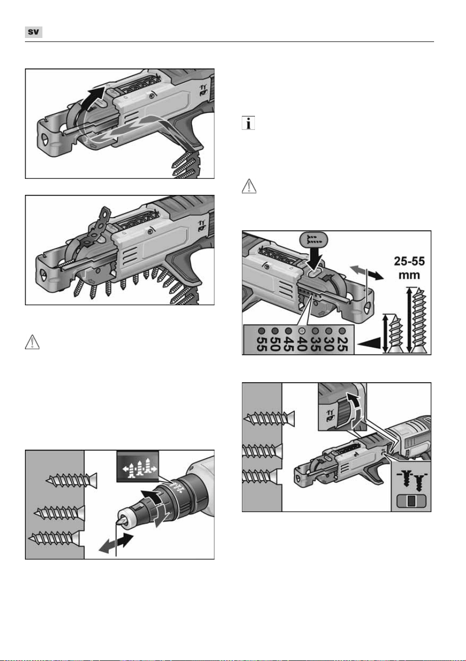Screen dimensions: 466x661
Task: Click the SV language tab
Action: [33, 32]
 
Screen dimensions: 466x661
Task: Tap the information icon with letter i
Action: [248, 123]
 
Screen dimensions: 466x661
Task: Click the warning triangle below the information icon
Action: [249, 186]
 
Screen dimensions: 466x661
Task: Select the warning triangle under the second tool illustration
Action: [32, 342]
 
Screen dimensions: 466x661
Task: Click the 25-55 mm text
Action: [410, 268]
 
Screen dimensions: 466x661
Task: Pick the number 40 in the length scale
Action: [301, 344]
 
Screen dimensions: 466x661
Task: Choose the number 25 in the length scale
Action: [342, 344]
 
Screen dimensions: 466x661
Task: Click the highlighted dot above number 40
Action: [301, 331]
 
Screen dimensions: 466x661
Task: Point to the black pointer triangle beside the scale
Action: [369, 344]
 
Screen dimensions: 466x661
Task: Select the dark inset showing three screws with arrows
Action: [138, 466]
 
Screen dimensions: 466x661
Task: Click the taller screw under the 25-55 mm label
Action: [419, 320]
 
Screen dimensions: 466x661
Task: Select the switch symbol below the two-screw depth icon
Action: [412, 501]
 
